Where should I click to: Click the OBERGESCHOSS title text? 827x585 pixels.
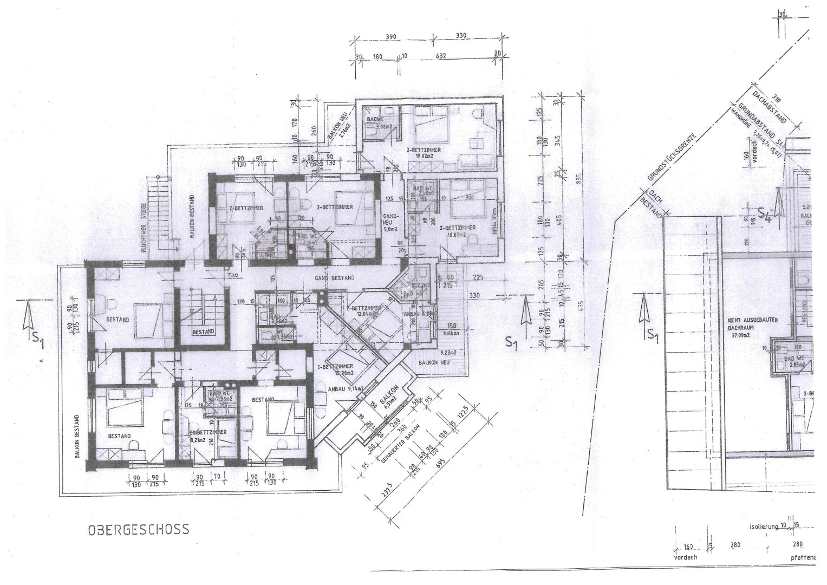[x=139, y=529]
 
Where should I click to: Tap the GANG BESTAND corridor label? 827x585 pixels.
[x=335, y=278]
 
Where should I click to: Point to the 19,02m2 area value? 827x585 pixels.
[x=426, y=155]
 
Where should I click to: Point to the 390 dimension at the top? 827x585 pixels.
[x=391, y=37]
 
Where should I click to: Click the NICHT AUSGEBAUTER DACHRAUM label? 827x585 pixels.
[x=752, y=324]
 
